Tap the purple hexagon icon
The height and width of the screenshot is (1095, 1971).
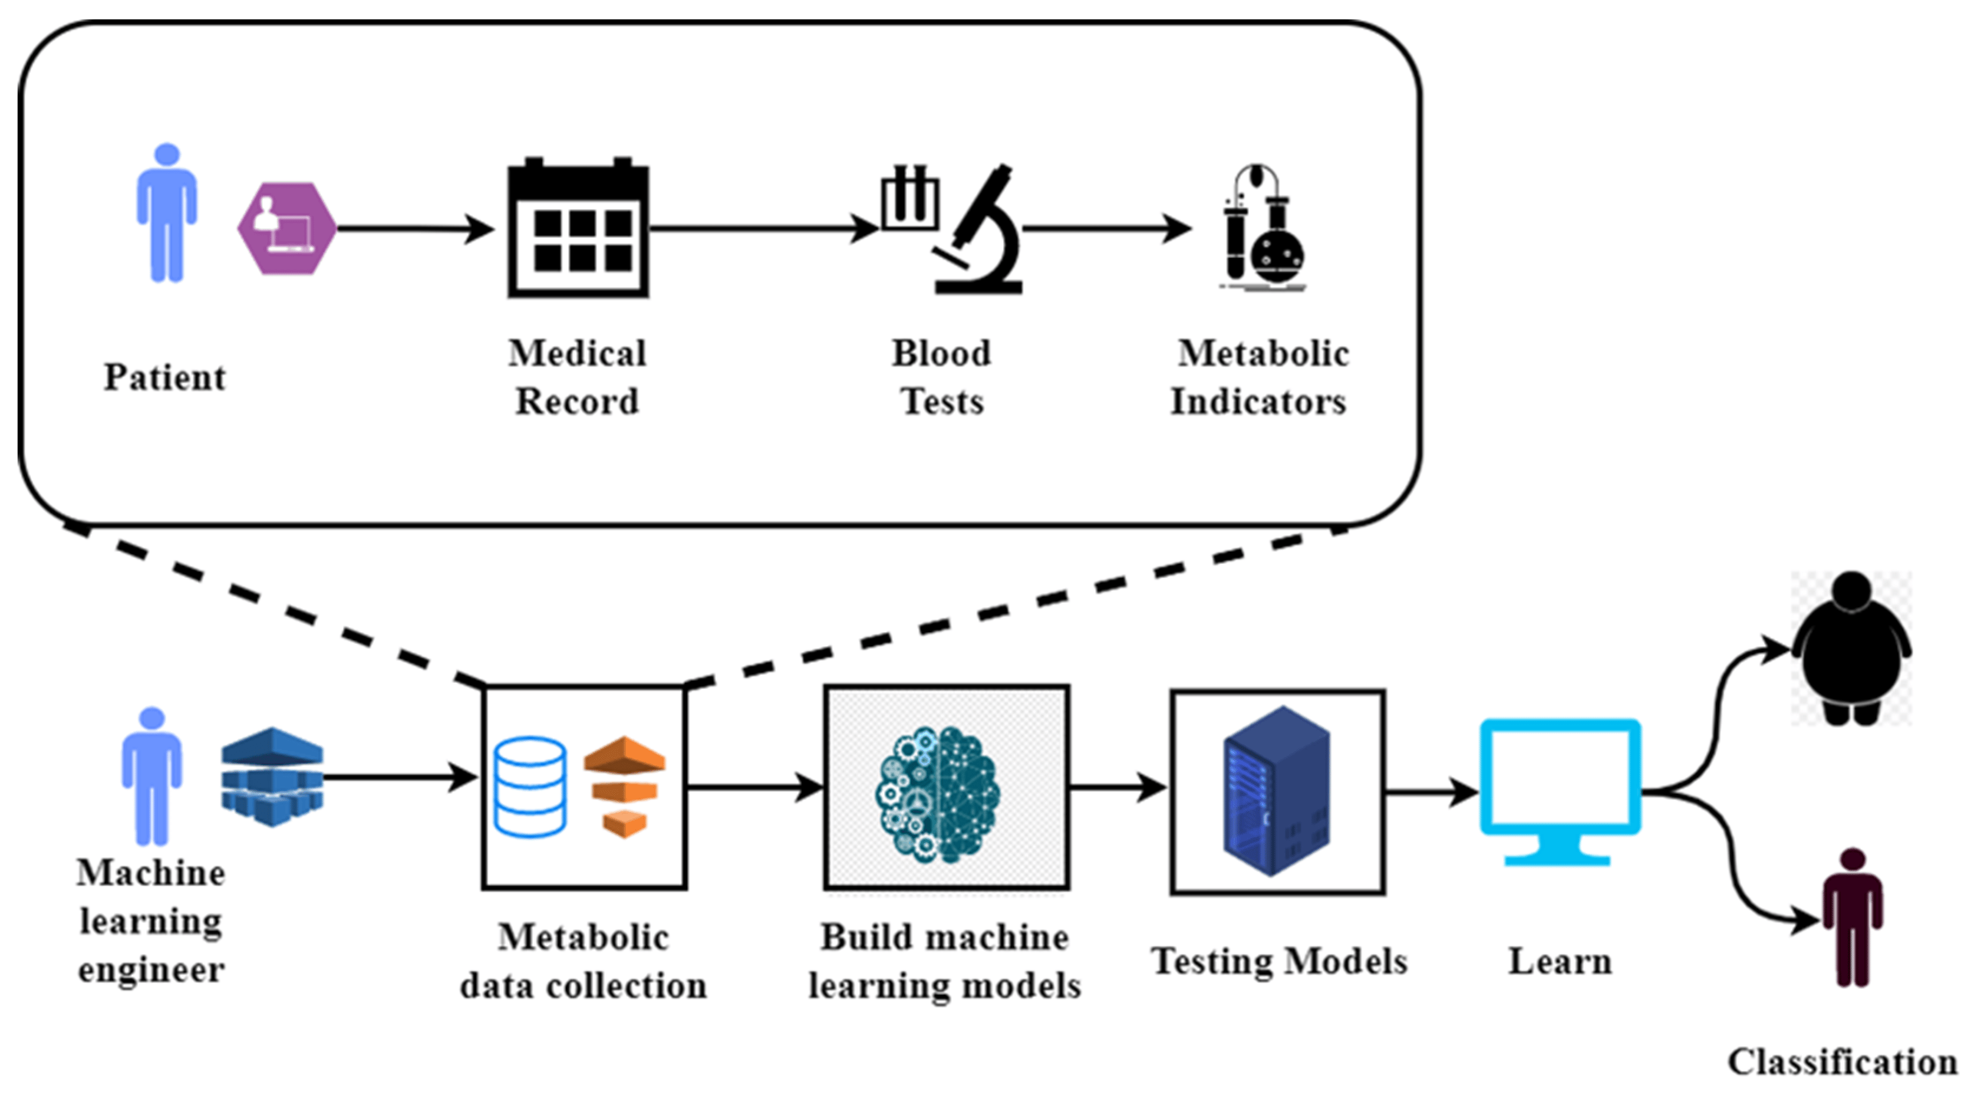pos(287,228)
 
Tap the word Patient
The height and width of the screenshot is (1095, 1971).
pos(164,377)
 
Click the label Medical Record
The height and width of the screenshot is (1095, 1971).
pos(578,377)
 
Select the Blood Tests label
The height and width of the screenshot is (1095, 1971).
pos(942,377)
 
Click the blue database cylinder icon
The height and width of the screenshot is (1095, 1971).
pos(530,787)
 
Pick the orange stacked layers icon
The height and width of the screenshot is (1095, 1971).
pos(624,787)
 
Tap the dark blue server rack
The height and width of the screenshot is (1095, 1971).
pos(1276,791)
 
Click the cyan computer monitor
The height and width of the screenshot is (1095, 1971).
pos(1560,788)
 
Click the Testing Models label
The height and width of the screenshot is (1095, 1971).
pos(1278,961)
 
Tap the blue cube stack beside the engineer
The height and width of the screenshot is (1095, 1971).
pos(272,777)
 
